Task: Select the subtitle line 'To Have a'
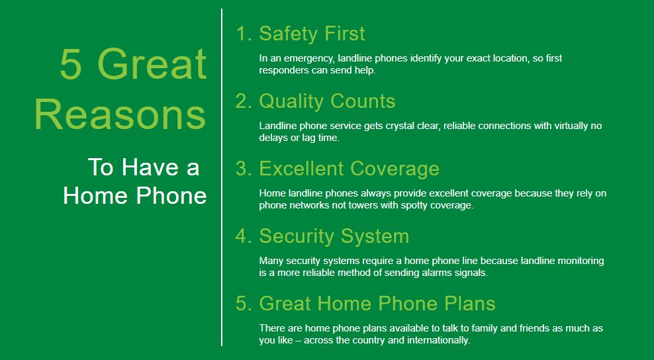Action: point(143,167)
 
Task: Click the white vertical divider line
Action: point(222,179)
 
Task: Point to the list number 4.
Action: point(242,236)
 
